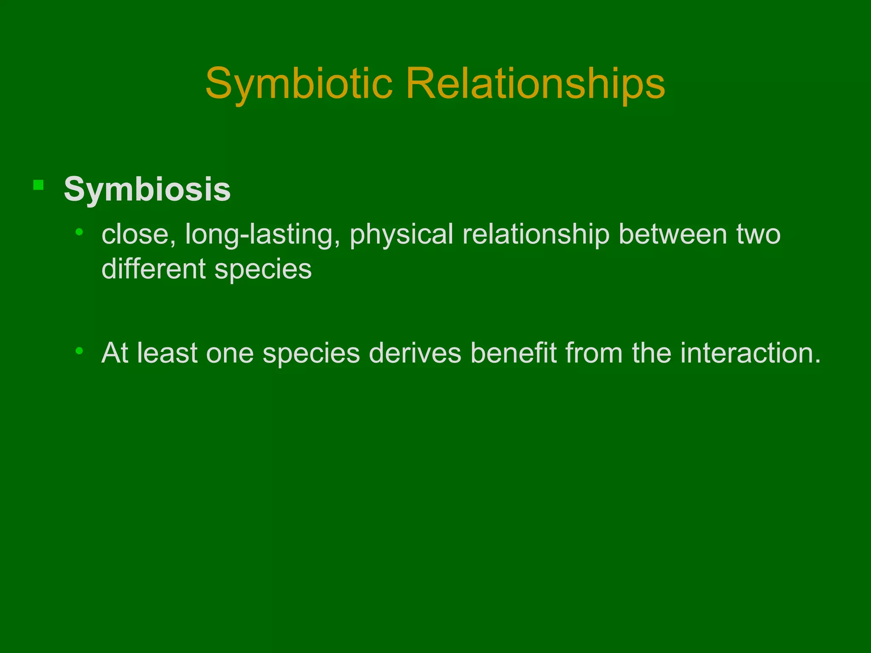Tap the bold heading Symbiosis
point(147,189)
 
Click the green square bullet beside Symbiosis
point(38,185)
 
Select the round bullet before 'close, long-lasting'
point(79,232)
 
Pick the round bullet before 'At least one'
point(79,351)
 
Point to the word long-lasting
point(259,235)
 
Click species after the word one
point(311,354)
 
